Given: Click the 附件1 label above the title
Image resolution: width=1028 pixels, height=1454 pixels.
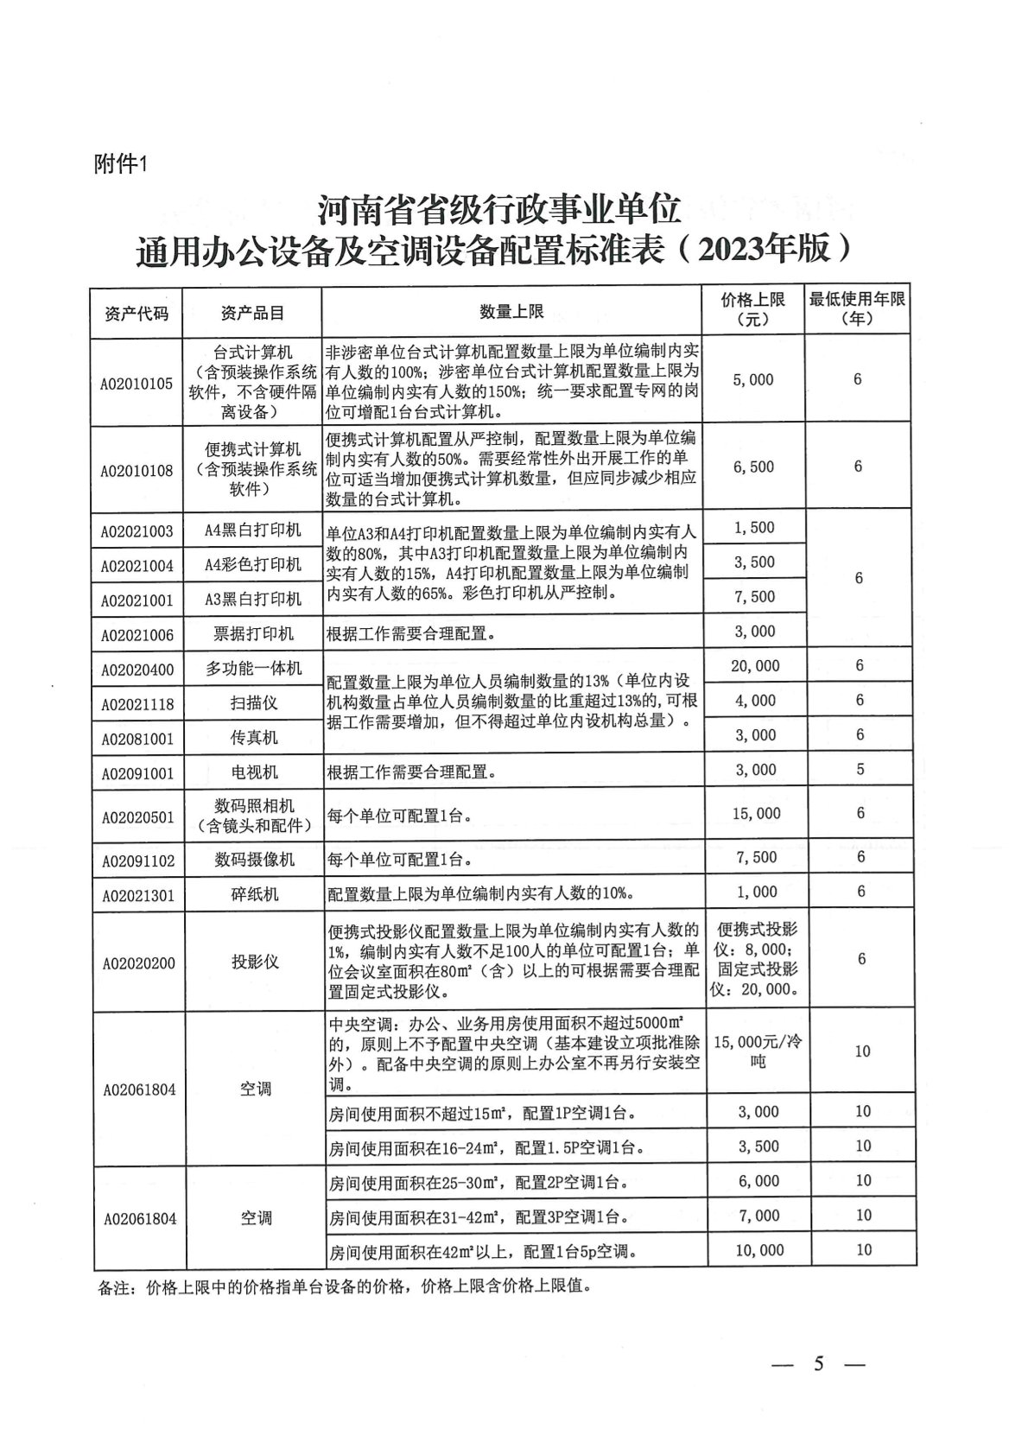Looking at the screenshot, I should tap(122, 164).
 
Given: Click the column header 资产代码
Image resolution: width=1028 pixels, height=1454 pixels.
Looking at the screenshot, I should tap(136, 313).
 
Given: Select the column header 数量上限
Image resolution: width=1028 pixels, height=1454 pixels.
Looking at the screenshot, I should tap(511, 312).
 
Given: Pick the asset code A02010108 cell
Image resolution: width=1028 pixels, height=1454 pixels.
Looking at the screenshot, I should tap(136, 471).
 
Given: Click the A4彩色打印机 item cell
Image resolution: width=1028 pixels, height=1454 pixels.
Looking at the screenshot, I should tap(253, 564).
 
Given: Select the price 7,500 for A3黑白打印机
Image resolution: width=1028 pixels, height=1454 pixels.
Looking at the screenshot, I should tap(754, 596).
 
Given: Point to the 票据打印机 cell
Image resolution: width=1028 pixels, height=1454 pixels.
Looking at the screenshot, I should tap(254, 633).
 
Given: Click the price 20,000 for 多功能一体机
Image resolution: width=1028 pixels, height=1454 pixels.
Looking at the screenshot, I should tap(754, 665).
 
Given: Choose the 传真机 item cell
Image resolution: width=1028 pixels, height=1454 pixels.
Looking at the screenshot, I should tap(254, 737).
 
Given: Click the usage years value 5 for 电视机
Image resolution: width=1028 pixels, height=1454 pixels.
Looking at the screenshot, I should tap(860, 769).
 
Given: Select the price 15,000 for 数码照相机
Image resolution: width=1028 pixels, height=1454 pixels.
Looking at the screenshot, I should tap(756, 813).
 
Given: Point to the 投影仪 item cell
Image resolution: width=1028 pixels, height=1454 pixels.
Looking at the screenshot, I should tap(255, 962).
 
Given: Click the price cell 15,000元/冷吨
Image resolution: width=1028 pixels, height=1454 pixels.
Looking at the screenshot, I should tap(758, 1051).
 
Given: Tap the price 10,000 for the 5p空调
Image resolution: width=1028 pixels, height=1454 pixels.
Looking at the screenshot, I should tap(759, 1250).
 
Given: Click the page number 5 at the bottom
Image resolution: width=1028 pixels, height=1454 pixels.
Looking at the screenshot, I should tap(818, 1364).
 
